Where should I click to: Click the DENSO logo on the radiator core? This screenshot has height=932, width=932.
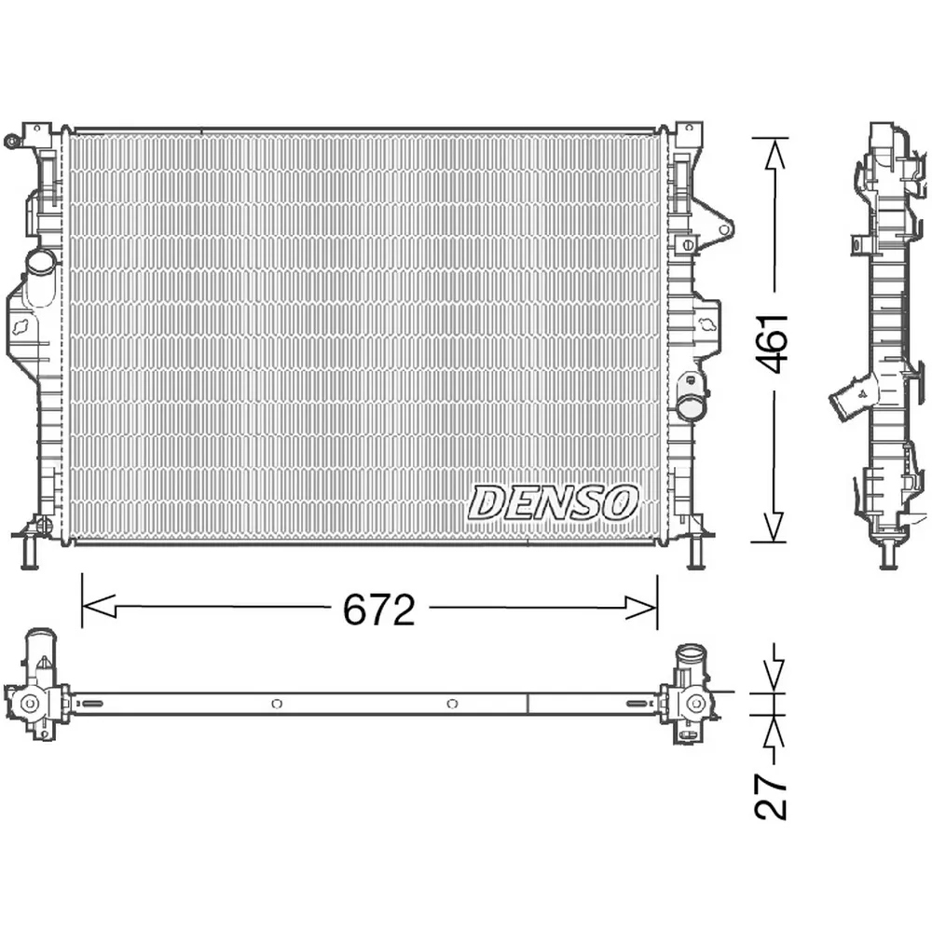point(553,503)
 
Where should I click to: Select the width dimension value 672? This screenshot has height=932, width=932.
point(378,610)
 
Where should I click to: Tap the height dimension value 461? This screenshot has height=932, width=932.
point(773,342)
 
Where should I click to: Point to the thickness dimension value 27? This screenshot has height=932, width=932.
point(772,795)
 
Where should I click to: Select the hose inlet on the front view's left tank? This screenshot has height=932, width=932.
point(40,263)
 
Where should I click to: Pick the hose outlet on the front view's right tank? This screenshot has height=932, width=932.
point(692,405)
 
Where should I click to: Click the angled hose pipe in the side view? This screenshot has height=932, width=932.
point(851,400)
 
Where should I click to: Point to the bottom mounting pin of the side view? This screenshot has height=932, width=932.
point(888,555)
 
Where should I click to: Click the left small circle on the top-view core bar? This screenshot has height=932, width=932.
point(276,704)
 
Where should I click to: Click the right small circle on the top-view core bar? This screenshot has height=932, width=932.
point(452,704)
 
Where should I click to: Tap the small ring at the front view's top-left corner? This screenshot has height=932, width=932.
point(11,142)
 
